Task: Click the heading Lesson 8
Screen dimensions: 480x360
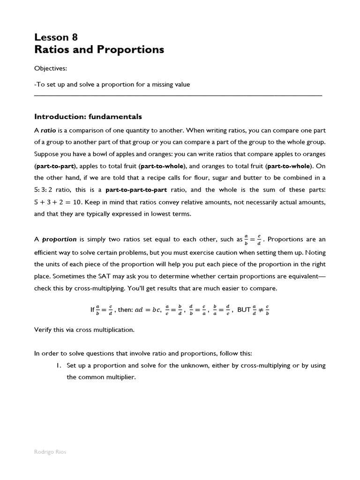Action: coord(56,37)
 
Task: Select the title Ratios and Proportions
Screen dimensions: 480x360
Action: coord(99,50)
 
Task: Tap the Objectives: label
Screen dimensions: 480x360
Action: coord(51,68)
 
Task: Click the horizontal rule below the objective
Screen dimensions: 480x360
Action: coord(178,95)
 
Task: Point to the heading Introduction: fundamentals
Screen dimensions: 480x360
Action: coord(88,117)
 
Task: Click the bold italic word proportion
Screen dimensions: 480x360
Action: coord(60,239)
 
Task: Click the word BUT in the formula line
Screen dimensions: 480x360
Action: coord(244,310)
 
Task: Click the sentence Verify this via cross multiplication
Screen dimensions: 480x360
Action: coord(84,330)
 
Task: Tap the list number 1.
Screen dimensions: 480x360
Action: coord(58,366)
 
